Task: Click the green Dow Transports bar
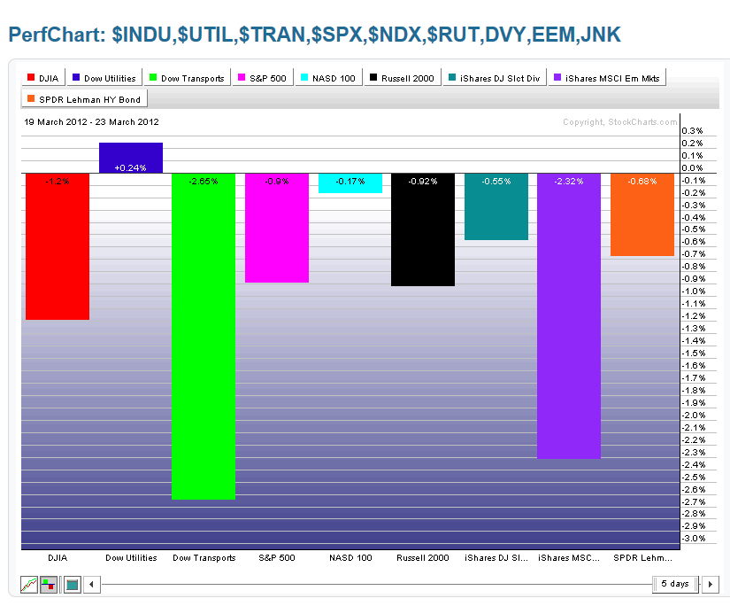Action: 204,336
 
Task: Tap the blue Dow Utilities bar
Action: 131,157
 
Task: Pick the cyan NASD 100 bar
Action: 350,182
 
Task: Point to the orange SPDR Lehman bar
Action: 642,214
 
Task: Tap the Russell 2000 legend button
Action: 403,79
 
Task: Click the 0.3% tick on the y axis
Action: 693,131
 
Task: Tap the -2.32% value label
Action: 569,181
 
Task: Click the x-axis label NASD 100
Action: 350,558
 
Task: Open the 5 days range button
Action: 674,584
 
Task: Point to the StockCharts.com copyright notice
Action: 619,122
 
